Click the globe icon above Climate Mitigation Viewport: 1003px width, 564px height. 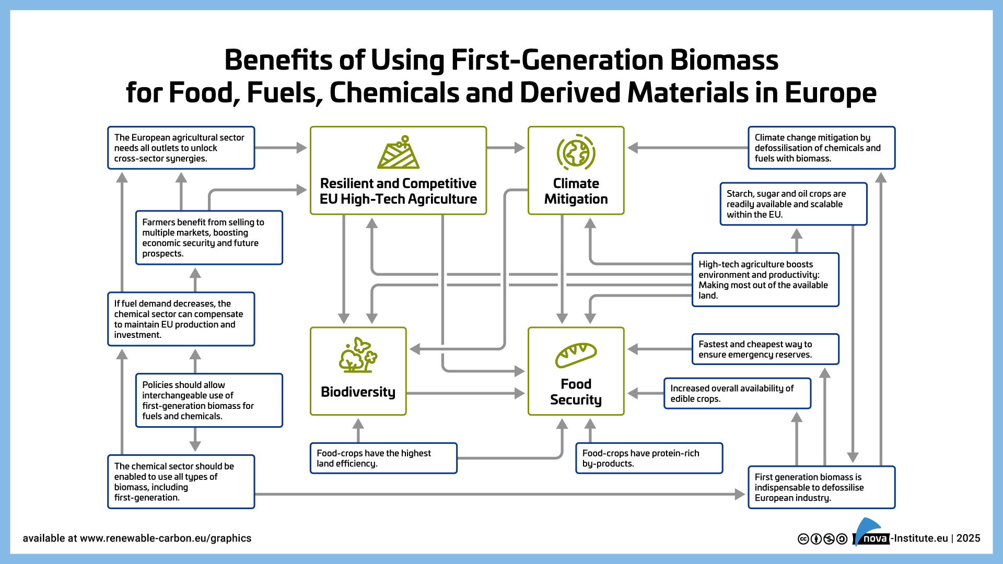[576, 152]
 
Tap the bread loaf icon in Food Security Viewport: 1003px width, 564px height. [576, 355]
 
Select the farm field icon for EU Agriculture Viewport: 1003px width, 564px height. [399, 152]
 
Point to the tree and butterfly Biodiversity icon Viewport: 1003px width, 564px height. [358, 355]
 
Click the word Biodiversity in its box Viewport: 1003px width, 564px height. [358, 392]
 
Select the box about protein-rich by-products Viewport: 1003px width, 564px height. [649, 459]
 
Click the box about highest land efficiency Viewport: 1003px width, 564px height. [383, 459]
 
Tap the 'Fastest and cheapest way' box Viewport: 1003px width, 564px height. [765, 349]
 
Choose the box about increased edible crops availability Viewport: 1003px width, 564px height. [738, 393]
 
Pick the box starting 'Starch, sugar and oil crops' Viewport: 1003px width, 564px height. [794, 204]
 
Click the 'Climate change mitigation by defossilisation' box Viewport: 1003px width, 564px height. [822, 148]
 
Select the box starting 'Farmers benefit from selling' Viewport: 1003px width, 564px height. [209, 238]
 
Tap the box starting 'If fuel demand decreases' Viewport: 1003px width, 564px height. [181, 319]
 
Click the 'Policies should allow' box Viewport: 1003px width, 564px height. [209, 401]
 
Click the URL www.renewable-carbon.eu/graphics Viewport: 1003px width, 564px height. [166, 538]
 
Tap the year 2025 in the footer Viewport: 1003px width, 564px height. [968, 538]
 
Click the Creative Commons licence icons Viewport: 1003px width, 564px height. [822, 539]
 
